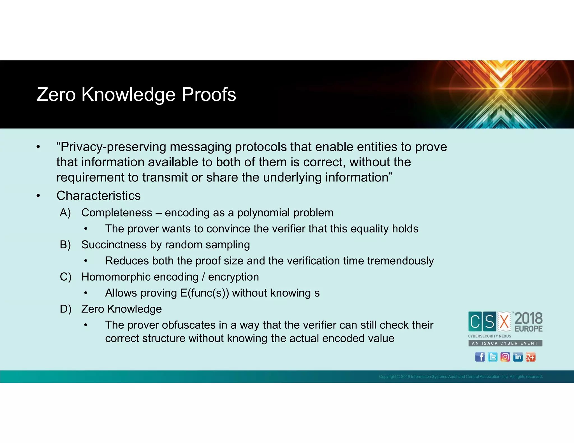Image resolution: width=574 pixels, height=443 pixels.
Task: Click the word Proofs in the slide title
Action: click(209, 95)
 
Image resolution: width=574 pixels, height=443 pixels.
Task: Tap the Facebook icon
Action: click(480, 357)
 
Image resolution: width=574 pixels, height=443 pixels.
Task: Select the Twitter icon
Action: click(492, 357)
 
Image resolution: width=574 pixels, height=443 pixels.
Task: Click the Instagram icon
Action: click(505, 357)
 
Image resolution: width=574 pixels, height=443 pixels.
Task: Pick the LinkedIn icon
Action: click(518, 357)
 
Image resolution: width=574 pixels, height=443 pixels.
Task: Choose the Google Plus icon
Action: click(530, 357)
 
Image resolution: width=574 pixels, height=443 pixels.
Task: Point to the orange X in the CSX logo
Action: click(504, 321)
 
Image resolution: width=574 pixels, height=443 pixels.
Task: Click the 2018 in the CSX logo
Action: click(528, 319)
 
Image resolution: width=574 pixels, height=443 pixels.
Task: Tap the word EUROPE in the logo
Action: click(529, 329)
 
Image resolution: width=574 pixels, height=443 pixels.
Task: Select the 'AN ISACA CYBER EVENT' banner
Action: click(505, 343)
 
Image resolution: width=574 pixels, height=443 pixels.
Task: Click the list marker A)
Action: click(65, 213)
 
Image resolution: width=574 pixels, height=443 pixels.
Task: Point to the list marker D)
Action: click(66, 309)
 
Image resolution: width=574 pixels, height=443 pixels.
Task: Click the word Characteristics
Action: click(98, 196)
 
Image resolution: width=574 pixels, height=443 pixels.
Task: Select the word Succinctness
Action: click(114, 245)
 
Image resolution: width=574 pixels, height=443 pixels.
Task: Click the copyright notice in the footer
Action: click(460, 377)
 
